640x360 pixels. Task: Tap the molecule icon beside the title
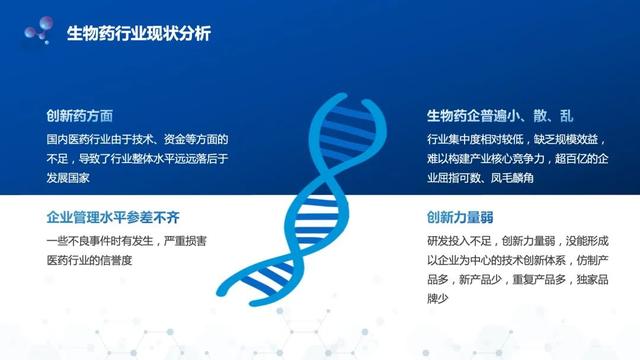tap(38, 32)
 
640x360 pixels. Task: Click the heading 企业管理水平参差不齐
tap(113, 217)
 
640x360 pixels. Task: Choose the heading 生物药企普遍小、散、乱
tap(499, 115)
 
